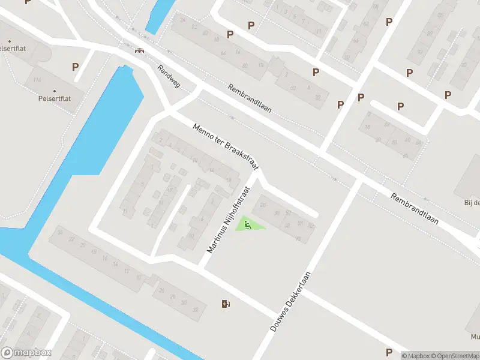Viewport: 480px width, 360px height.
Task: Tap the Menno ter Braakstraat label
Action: (x=221, y=145)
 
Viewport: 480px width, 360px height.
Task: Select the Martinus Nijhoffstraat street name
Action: (x=227, y=218)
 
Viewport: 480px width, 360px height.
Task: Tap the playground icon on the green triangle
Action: (x=247, y=225)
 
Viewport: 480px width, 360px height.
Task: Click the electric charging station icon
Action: (x=225, y=304)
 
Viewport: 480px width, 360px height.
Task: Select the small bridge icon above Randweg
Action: (x=140, y=50)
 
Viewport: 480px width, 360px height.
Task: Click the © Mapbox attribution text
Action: (x=416, y=356)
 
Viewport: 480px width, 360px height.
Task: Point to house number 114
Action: (x=38, y=80)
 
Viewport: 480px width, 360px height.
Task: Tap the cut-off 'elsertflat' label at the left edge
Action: (x=16, y=46)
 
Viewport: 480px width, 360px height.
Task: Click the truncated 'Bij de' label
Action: (x=472, y=202)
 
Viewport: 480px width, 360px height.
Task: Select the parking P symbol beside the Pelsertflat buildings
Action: (x=75, y=67)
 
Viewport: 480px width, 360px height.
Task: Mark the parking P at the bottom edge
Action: (x=389, y=352)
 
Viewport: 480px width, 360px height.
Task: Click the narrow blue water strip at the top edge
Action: (x=156, y=15)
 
